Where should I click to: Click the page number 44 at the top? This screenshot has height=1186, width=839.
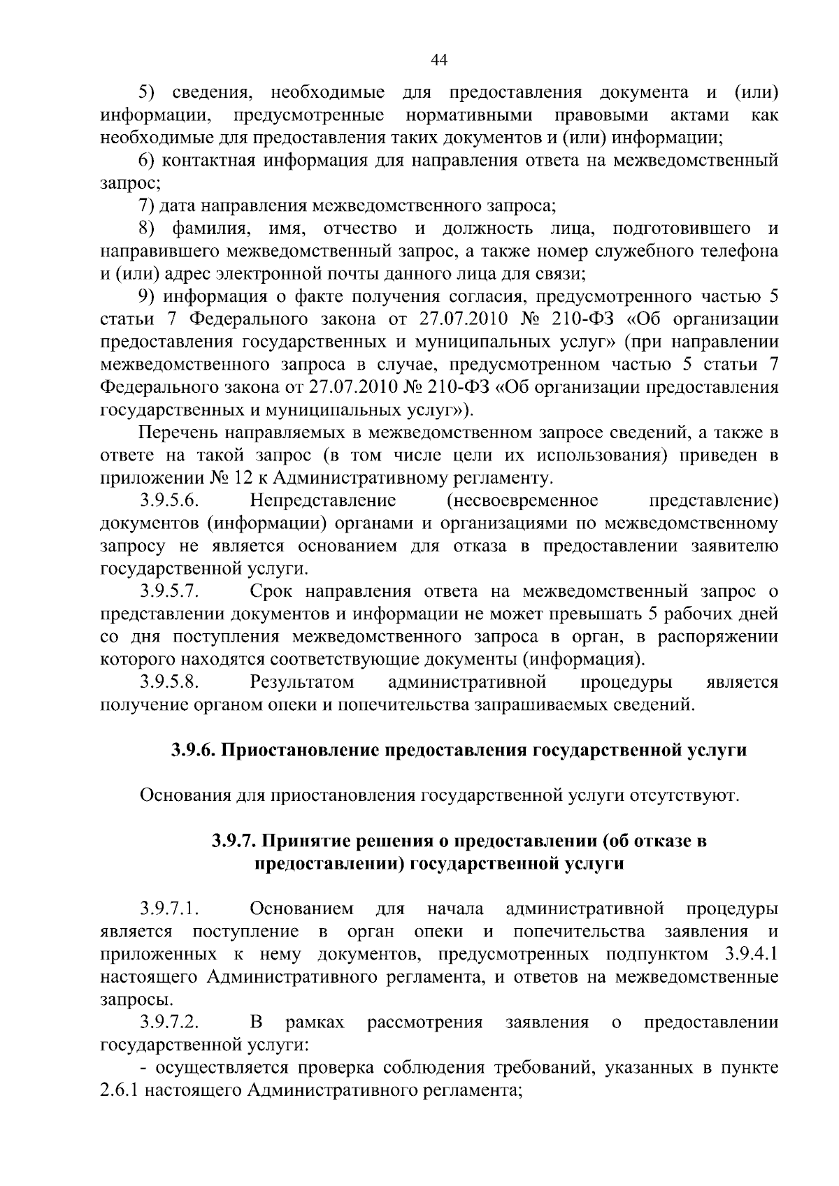[x=439, y=61]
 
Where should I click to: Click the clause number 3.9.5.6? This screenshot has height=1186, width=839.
[x=170, y=501]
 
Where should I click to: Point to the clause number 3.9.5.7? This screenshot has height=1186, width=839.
[x=170, y=592]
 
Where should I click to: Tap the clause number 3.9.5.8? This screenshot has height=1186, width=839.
[x=170, y=681]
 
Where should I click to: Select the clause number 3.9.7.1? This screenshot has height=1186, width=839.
[x=170, y=909]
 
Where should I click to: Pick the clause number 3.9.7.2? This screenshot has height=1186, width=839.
[x=170, y=1023]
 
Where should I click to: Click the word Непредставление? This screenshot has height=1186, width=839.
[x=322, y=501]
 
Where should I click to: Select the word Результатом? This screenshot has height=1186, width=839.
[x=301, y=681]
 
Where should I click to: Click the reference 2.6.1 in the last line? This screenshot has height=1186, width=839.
[x=122, y=1091]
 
